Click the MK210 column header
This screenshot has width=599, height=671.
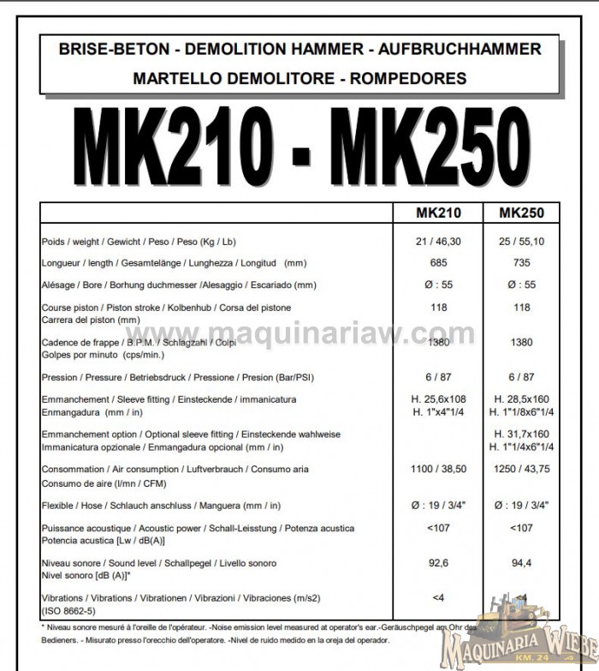(438, 213)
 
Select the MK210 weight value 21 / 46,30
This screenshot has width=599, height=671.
(438, 241)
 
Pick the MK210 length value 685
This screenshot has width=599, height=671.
(438, 262)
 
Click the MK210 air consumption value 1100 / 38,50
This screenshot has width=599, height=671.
(438, 469)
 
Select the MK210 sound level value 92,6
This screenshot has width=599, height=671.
(438, 563)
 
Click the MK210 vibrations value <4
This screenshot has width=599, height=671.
(438, 596)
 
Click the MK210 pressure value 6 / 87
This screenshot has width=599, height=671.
(438, 376)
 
